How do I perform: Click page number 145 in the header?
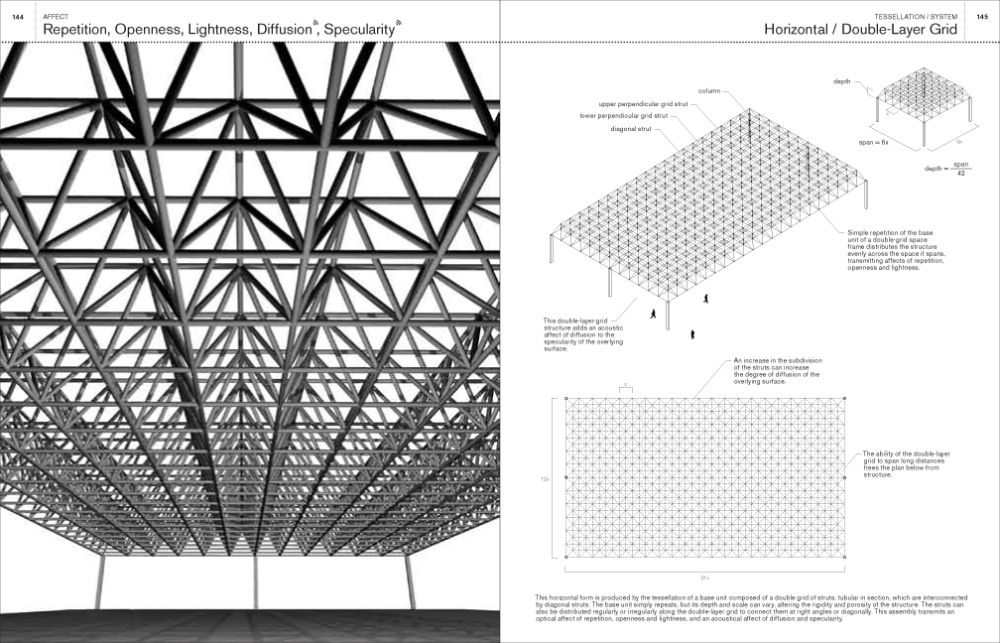tap(982, 17)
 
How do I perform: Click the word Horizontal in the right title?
tap(798, 30)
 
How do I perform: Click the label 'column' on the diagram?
tap(710, 91)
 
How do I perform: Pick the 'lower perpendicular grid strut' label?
tap(623, 116)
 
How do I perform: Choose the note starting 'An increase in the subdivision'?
tap(776, 370)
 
